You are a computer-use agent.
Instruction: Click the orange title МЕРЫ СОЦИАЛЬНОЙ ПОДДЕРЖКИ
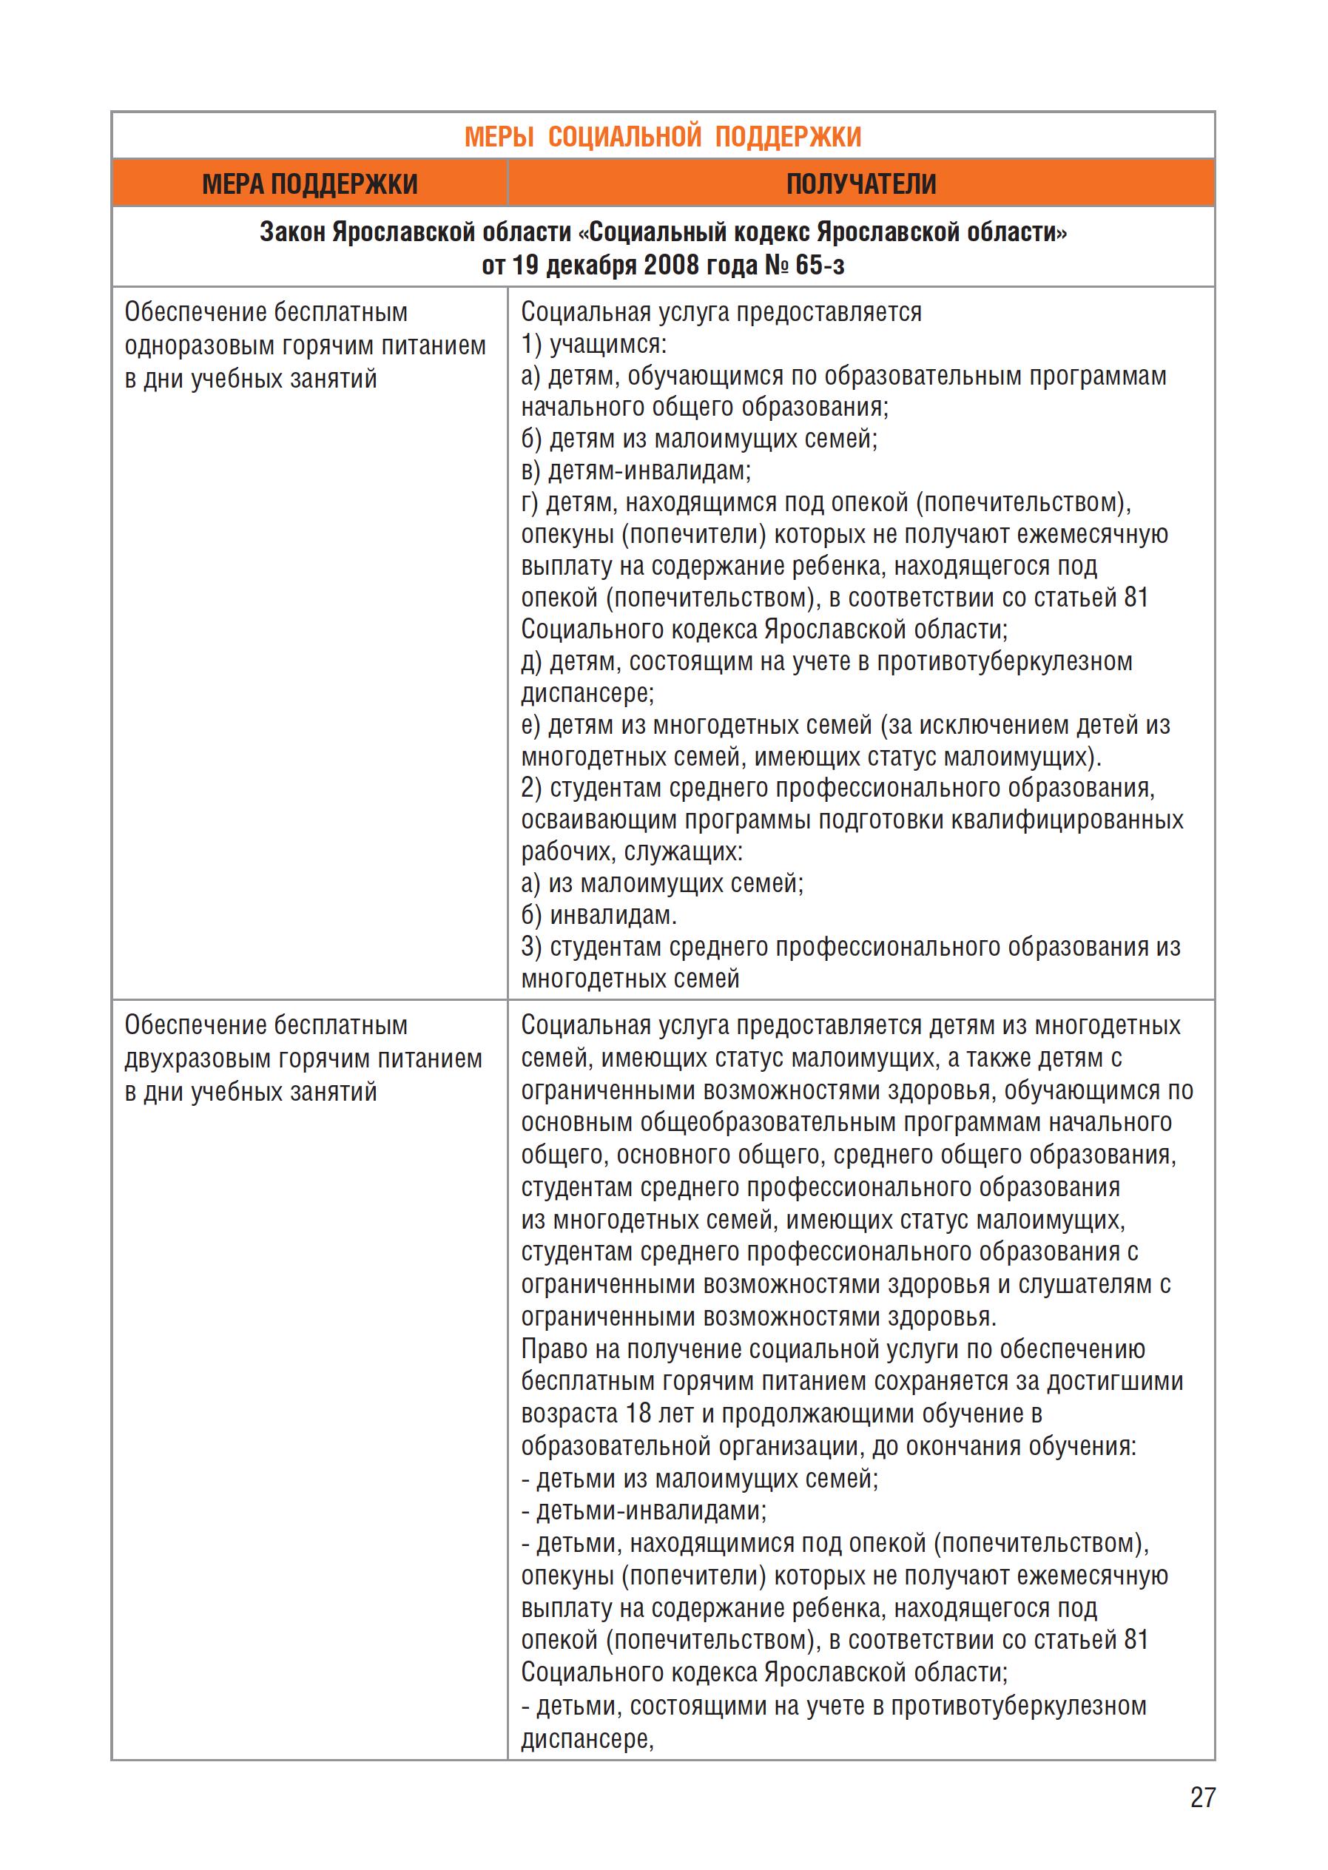pos(662,137)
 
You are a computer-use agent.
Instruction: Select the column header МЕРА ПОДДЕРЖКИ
pos(309,184)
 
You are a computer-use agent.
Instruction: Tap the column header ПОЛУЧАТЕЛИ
pos(860,184)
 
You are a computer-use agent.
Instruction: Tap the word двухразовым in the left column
pos(199,1059)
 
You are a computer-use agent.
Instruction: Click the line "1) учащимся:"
pos(593,344)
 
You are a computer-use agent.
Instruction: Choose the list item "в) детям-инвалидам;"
pos(636,471)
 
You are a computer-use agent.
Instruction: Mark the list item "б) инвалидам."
pos(599,915)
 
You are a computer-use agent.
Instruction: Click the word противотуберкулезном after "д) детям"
pos(1004,661)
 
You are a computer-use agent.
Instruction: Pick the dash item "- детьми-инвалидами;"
pos(644,1511)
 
